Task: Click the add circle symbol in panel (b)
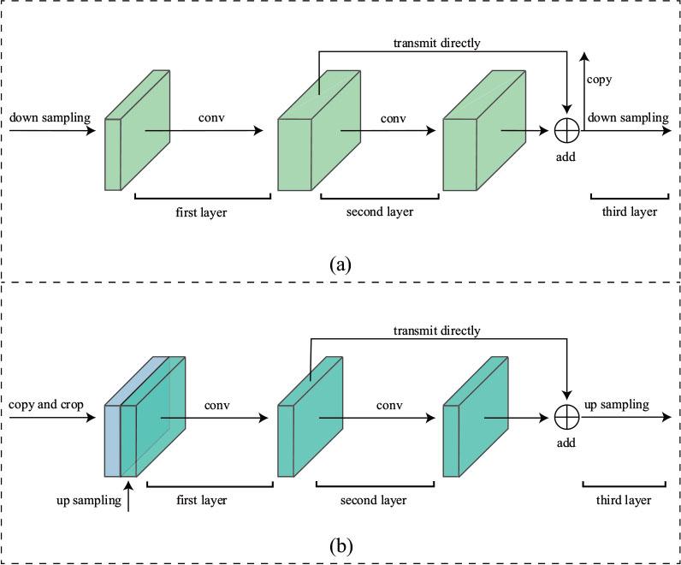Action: point(567,417)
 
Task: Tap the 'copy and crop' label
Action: point(47,403)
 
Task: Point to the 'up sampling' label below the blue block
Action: point(86,501)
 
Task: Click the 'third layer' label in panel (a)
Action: point(625,211)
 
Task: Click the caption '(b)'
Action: point(341,543)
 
